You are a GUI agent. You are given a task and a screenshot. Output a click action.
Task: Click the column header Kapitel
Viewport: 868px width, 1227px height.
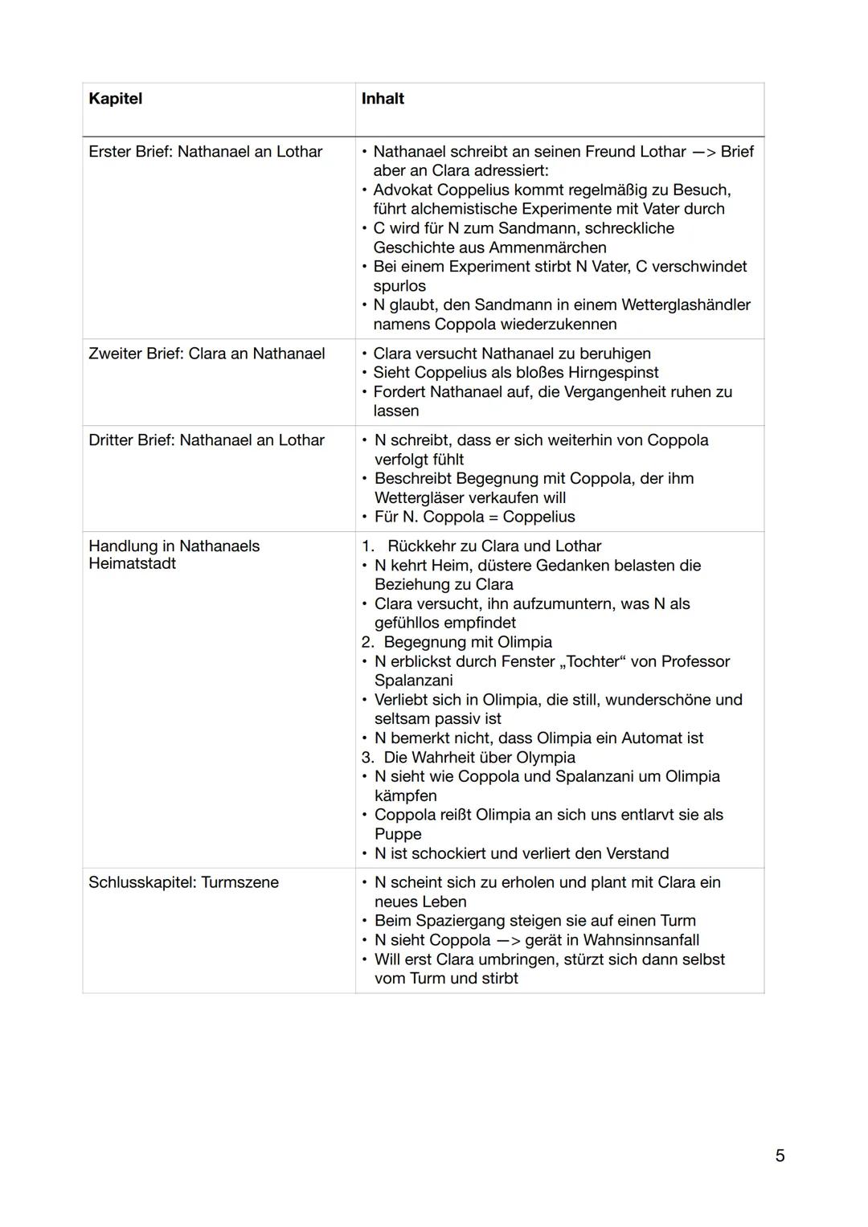(x=115, y=99)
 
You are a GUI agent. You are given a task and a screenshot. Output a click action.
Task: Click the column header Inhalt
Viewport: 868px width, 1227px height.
(x=383, y=99)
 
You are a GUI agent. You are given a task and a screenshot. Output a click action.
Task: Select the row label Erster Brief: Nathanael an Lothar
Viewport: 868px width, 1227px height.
(x=205, y=152)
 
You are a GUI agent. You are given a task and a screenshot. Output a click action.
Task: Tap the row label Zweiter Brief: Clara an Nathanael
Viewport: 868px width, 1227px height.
(x=207, y=354)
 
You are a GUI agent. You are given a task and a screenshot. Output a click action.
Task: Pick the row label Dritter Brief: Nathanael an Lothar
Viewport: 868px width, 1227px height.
(x=207, y=440)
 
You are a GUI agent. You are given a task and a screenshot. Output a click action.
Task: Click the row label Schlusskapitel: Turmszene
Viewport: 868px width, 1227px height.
(x=183, y=882)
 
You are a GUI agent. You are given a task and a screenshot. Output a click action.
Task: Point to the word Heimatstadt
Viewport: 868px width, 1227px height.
(x=132, y=564)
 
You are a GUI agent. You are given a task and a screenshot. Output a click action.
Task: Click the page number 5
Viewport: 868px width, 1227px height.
(x=780, y=1155)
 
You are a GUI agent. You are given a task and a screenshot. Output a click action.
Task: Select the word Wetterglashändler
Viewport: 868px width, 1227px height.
(x=687, y=305)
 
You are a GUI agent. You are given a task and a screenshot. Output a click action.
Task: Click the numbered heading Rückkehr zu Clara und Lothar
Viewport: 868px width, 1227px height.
(x=493, y=546)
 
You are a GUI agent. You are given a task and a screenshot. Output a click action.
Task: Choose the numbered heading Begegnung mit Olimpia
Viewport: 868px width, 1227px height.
(x=468, y=643)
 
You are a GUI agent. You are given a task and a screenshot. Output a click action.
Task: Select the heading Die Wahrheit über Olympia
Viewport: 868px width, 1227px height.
(x=479, y=758)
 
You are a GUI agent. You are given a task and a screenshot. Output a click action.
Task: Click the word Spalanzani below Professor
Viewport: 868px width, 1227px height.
(x=413, y=681)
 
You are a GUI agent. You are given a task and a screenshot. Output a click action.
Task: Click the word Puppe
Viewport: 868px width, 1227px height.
(x=398, y=834)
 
